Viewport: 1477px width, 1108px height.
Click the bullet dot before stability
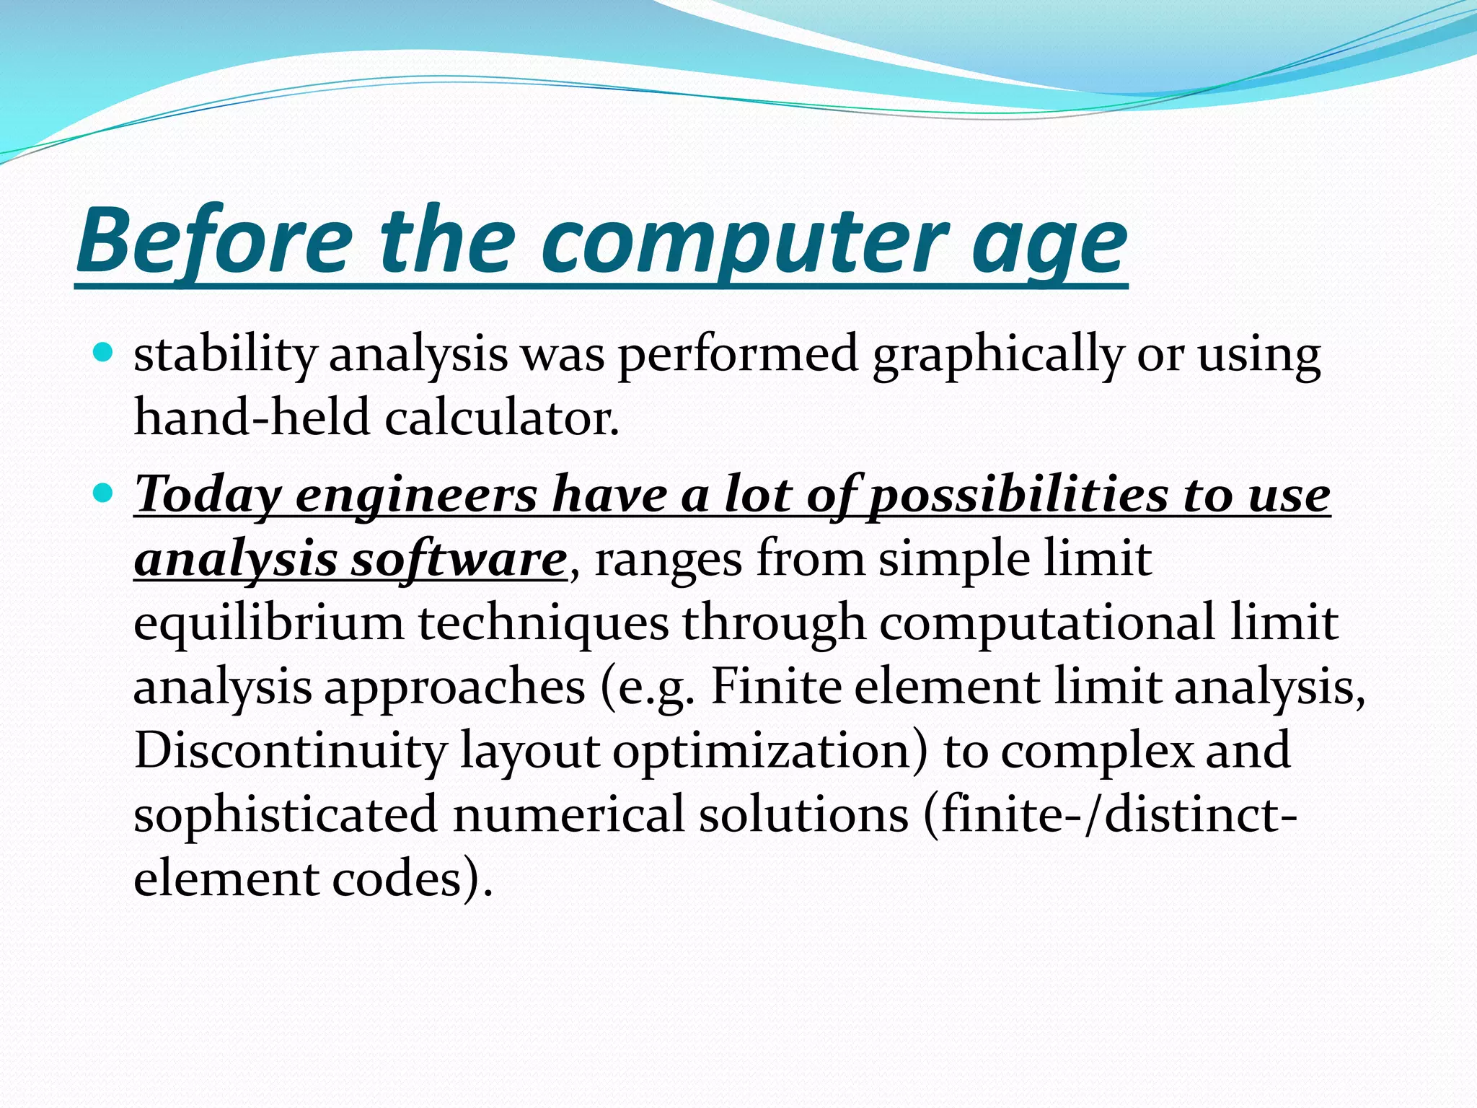[x=105, y=353]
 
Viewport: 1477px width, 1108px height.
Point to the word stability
[x=225, y=355]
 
